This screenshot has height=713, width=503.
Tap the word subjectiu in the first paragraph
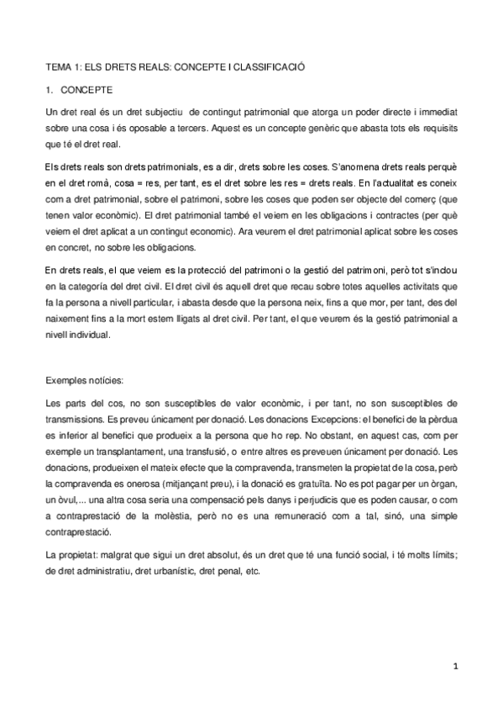click(164, 111)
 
